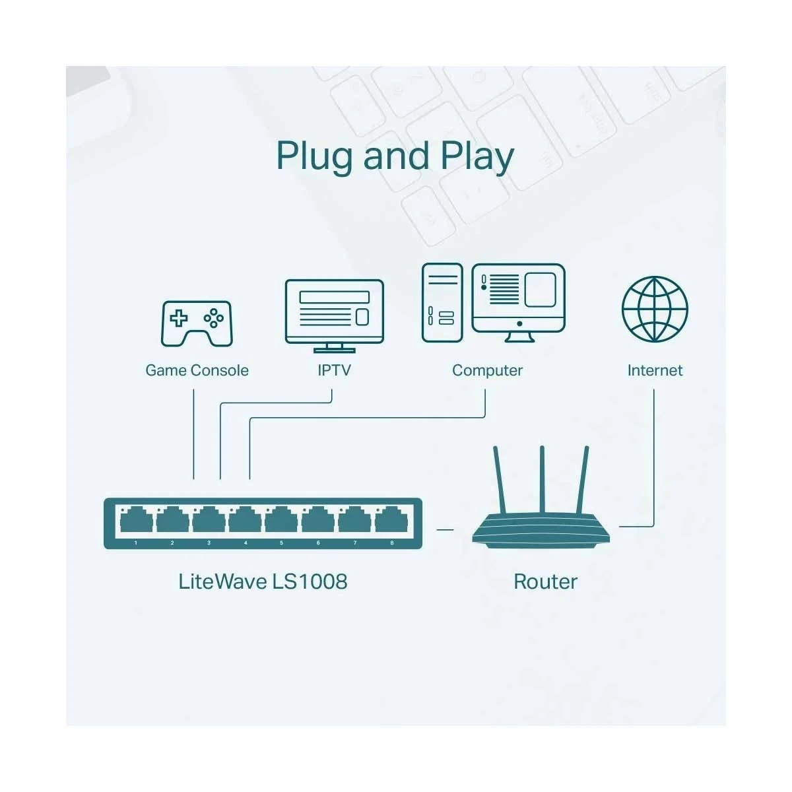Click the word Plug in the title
pyautogui.click(x=315, y=156)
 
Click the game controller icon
pyautogui.click(x=197, y=323)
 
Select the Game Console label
pyautogui.click(x=197, y=370)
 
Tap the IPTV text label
pyautogui.click(x=334, y=370)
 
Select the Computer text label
pyautogui.click(x=487, y=370)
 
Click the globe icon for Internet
pyautogui.click(x=655, y=309)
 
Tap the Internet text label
pyautogui.click(x=655, y=370)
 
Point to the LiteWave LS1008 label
pyautogui.click(x=263, y=581)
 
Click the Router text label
pyautogui.click(x=545, y=581)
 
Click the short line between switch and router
pyautogui.click(x=445, y=529)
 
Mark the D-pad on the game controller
pyautogui.click(x=179, y=319)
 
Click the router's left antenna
pyautogui.click(x=499, y=478)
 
